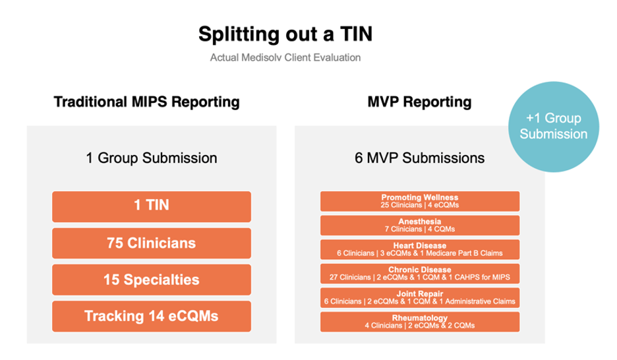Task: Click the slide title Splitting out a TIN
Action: [x=289, y=34]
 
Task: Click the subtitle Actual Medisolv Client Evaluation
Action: [x=285, y=57]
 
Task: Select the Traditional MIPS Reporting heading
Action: [x=146, y=102]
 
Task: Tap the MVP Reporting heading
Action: [x=419, y=102]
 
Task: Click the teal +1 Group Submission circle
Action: [x=553, y=126]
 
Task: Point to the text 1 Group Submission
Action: [x=151, y=158]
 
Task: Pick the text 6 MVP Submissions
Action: [x=419, y=158]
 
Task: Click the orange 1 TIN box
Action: [x=152, y=206]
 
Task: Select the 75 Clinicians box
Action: [x=152, y=243]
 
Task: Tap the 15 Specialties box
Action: [x=152, y=280]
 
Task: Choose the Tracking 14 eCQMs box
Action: [x=152, y=316]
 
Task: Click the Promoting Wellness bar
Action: [x=420, y=201]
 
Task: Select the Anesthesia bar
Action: [x=420, y=225]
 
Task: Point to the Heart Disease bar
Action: [x=420, y=249]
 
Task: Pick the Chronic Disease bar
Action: [x=420, y=273]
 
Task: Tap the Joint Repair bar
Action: [x=420, y=297]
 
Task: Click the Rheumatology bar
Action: [x=420, y=321]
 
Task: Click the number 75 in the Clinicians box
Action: [x=116, y=243]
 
